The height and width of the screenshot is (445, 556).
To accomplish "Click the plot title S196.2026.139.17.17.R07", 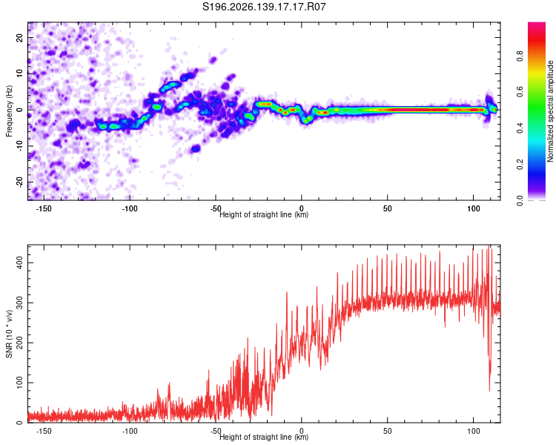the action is click(x=264, y=7).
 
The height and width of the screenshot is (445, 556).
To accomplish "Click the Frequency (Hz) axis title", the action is click(x=9, y=111).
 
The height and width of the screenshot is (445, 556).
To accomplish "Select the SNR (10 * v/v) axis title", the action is click(x=9, y=334).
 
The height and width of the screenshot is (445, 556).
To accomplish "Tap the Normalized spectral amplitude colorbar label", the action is click(x=550, y=111).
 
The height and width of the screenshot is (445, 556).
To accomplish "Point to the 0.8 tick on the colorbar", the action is click(x=520, y=56).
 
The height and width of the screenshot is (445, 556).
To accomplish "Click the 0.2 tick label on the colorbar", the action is click(x=520, y=165).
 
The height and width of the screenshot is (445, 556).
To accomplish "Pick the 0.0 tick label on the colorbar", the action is click(x=520, y=200).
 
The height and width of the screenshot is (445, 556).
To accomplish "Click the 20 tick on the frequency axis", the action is click(x=19, y=37).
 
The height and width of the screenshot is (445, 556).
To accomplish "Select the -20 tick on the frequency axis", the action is click(x=19, y=182).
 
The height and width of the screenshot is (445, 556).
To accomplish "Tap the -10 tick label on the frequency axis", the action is click(x=19, y=146).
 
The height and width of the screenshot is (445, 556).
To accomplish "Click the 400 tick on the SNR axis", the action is click(x=19, y=263).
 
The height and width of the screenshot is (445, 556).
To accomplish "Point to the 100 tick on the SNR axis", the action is click(x=19, y=383).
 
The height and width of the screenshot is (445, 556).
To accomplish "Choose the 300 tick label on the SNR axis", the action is click(x=19, y=303).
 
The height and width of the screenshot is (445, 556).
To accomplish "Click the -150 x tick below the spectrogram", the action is click(x=44, y=208).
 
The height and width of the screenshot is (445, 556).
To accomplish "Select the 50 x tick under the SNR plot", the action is click(x=387, y=431).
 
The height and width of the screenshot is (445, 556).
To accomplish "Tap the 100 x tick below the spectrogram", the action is click(x=474, y=208).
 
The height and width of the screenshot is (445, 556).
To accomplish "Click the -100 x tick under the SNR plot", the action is click(x=130, y=431).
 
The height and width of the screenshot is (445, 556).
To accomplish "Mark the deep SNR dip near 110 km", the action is click(x=490, y=389).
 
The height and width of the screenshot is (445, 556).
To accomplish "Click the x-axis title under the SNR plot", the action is click(x=264, y=437).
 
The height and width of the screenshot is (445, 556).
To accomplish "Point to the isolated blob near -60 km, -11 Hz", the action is click(x=195, y=148).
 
